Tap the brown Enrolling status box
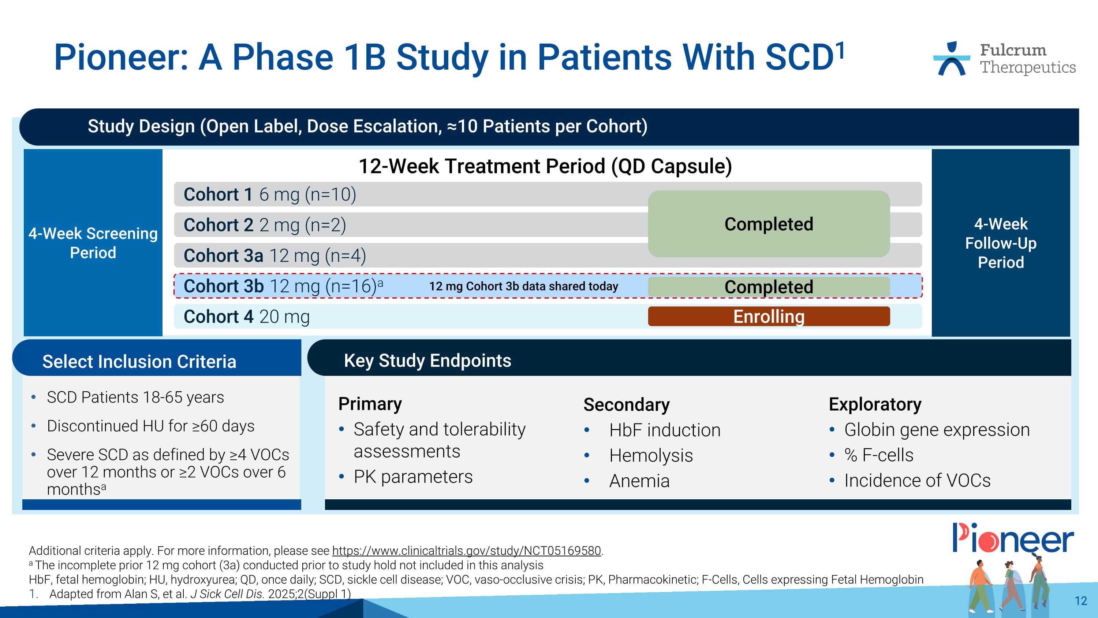click(769, 317)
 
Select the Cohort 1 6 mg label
click(269, 195)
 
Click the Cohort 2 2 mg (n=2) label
click(264, 225)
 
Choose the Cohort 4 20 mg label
click(246, 317)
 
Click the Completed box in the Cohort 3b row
click(769, 286)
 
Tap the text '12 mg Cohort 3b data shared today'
click(523, 286)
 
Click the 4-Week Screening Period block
click(93, 243)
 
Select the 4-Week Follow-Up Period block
click(1000, 243)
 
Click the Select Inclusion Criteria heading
click(139, 362)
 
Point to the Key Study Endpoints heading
click(427, 361)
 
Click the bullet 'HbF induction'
click(665, 430)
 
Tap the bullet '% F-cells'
click(878, 455)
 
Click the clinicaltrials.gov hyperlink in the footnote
click(466, 551)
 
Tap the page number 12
click(1080, 601)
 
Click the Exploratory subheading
click(875, 404)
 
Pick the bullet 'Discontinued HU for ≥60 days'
click(150, 426)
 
